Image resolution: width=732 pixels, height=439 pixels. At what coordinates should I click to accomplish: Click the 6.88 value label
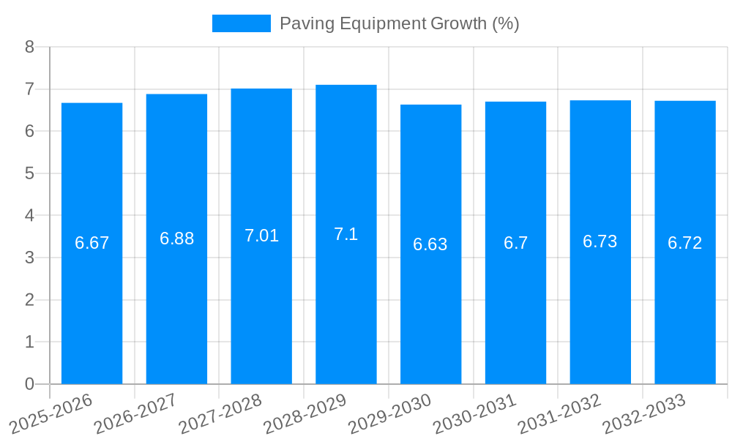tap(176, 239)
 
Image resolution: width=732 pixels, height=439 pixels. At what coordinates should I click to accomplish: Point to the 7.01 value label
tap(261, 236)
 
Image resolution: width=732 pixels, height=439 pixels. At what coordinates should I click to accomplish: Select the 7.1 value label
tap(346, 234)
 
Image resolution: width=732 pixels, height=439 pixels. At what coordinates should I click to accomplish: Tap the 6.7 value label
tap(515, 243)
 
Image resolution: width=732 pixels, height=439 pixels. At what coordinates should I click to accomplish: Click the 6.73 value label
tap(600, 241)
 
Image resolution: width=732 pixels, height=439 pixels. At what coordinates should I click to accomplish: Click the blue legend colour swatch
tap(241, 23)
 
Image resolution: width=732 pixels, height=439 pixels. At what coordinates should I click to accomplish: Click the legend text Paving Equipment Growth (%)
tap(400, 23)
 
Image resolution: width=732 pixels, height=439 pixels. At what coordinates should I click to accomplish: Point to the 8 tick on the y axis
tap(29, 47)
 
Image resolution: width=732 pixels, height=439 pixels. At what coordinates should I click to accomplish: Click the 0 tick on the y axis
tap(29, 384)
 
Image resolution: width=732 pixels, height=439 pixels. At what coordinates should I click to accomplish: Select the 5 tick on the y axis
tap(29, 173)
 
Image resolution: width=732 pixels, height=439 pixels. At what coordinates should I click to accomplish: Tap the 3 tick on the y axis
tap(29, 258)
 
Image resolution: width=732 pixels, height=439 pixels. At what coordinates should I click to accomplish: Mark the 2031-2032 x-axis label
tap(559, 413)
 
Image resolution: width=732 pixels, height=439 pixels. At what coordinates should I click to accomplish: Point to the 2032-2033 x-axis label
tap(644, 413)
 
